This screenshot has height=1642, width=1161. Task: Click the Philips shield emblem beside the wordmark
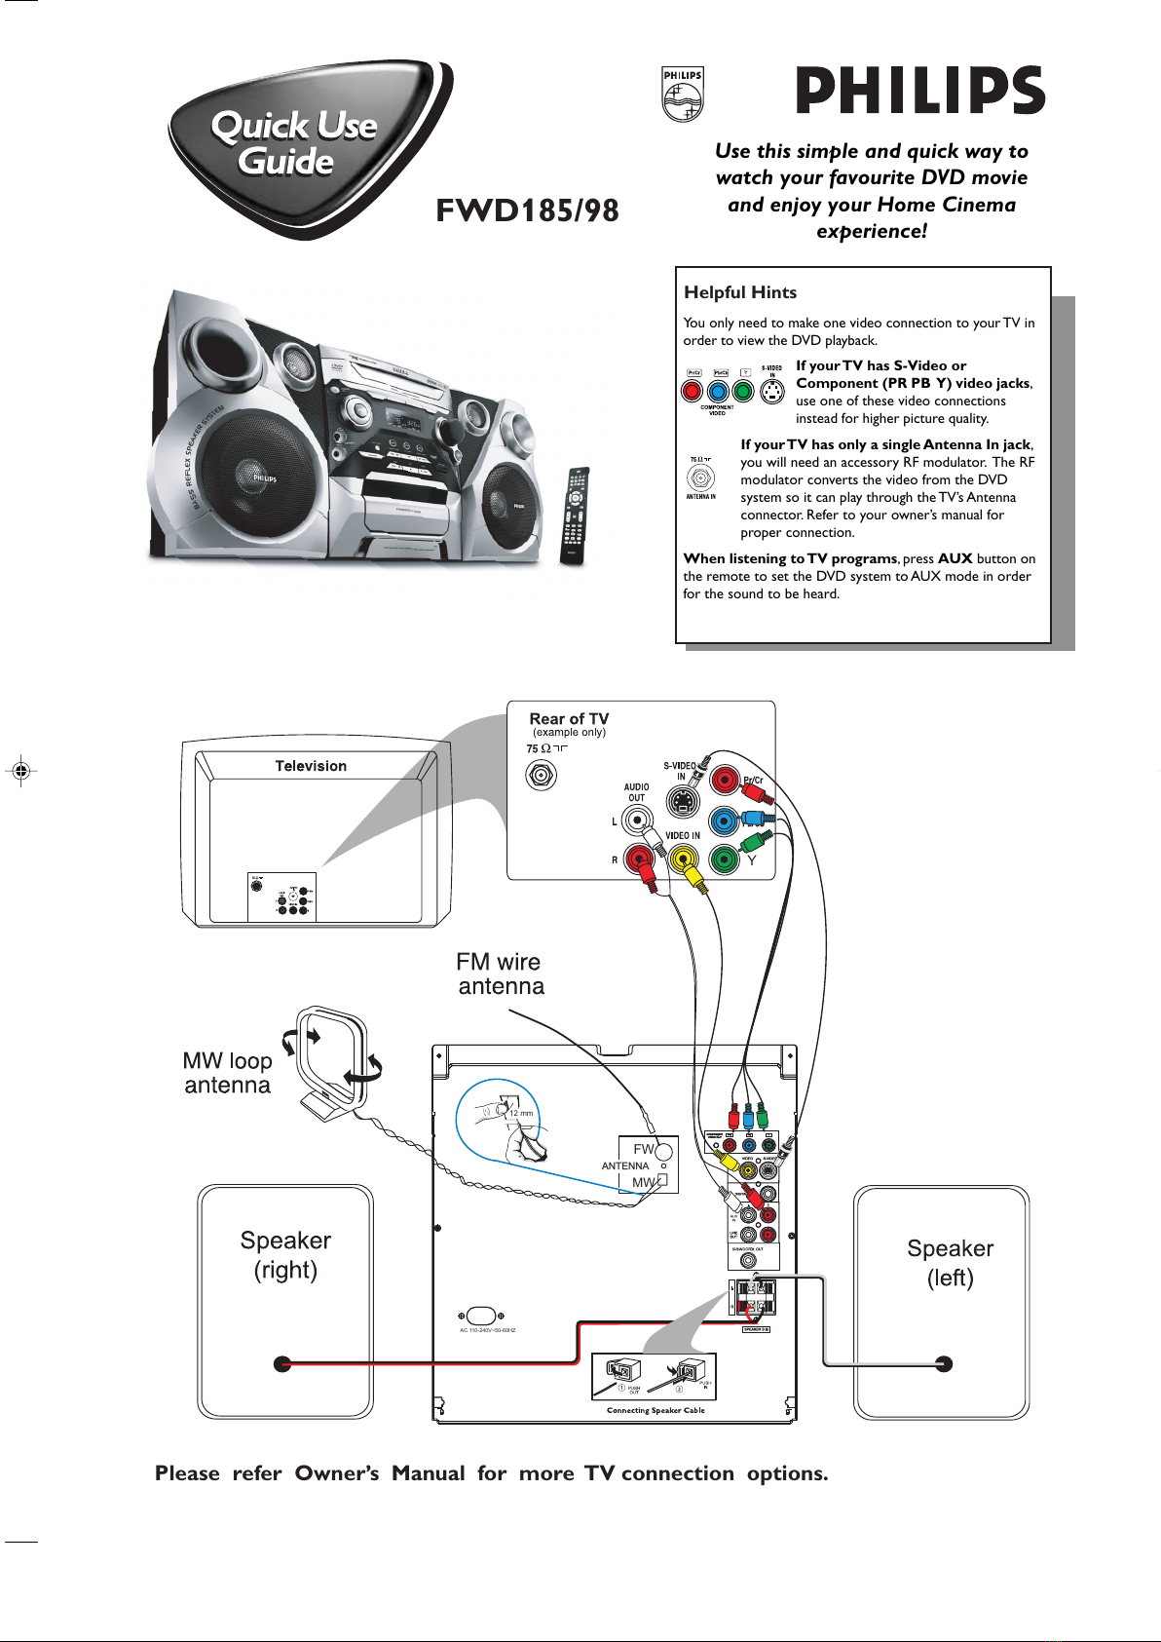coord(683,95)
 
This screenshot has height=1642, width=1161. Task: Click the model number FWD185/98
coord(527,210)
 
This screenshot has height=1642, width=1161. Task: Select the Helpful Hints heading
coord(740,292)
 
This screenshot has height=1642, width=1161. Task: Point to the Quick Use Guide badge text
coord(292,142)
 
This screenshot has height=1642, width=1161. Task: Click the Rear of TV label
coord(569,719)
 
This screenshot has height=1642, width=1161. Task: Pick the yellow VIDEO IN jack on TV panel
coord(683,859)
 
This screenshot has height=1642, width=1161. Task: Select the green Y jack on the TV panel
coord(724,859)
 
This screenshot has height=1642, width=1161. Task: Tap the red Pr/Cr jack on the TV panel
coord(725,780)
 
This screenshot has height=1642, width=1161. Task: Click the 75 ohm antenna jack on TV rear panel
coord(541,775)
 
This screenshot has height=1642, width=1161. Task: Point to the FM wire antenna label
coord(500,974)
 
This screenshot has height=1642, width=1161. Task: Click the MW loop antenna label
coord(227,1073)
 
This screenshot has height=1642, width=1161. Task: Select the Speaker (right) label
coord(285,1255)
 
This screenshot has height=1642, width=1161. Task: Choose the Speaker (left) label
coord(950,1263)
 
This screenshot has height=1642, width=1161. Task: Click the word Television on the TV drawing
coord(311,766)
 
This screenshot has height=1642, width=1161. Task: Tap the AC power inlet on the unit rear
coord(481,1316)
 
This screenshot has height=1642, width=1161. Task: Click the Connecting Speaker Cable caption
coord(655,1410)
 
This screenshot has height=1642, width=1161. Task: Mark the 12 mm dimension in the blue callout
coord(521,1113)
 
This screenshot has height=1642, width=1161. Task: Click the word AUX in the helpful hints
coord(955,558)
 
